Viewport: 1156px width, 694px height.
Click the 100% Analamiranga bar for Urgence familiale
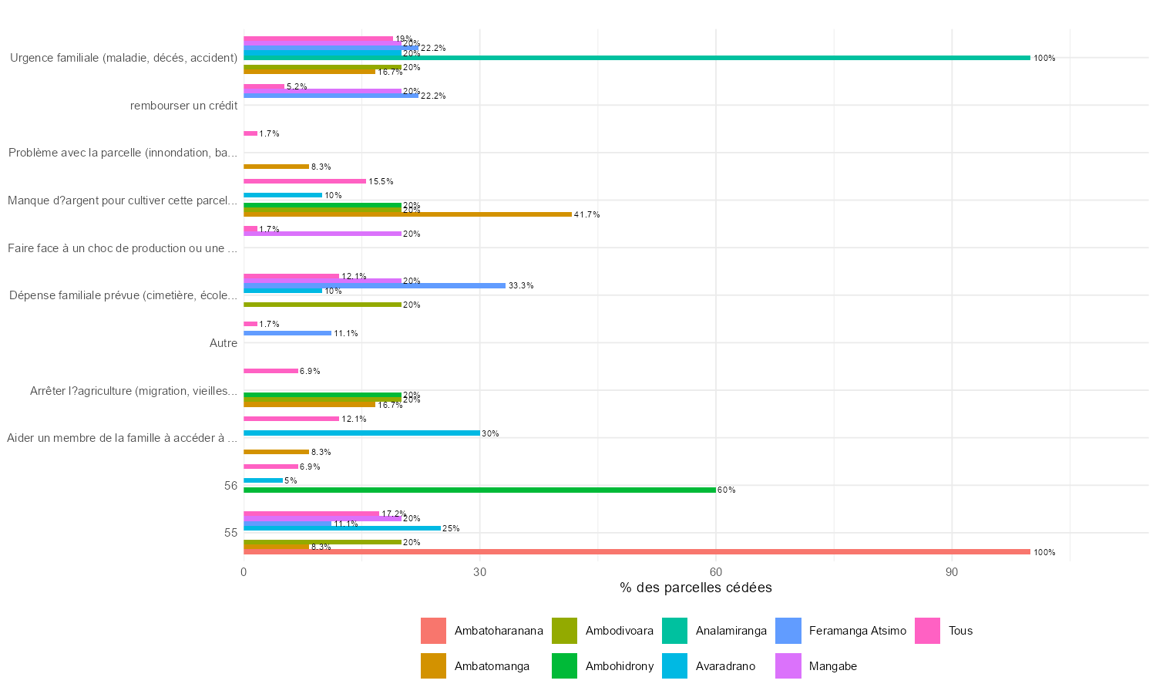637,58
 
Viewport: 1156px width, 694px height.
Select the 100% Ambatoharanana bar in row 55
637,552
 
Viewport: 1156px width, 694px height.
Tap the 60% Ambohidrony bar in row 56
479,490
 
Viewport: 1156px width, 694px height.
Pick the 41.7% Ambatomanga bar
408,214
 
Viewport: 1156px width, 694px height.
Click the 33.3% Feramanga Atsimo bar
375,285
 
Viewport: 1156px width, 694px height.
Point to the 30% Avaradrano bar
361,433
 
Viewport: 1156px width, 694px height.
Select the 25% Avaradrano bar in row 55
342,528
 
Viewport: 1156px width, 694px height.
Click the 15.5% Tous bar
304,181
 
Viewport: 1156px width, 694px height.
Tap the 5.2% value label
297,87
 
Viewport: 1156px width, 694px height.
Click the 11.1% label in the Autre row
345,334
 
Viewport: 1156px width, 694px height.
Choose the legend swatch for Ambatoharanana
433,631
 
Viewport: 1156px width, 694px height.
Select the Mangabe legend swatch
788,666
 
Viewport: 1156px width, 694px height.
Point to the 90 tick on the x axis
952,571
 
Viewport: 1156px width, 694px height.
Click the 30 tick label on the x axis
479,571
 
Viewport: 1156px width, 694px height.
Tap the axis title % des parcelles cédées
695,588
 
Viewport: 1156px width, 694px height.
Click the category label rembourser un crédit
183,106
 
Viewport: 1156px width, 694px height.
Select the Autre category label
223,343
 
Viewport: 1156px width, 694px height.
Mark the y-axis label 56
230,486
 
